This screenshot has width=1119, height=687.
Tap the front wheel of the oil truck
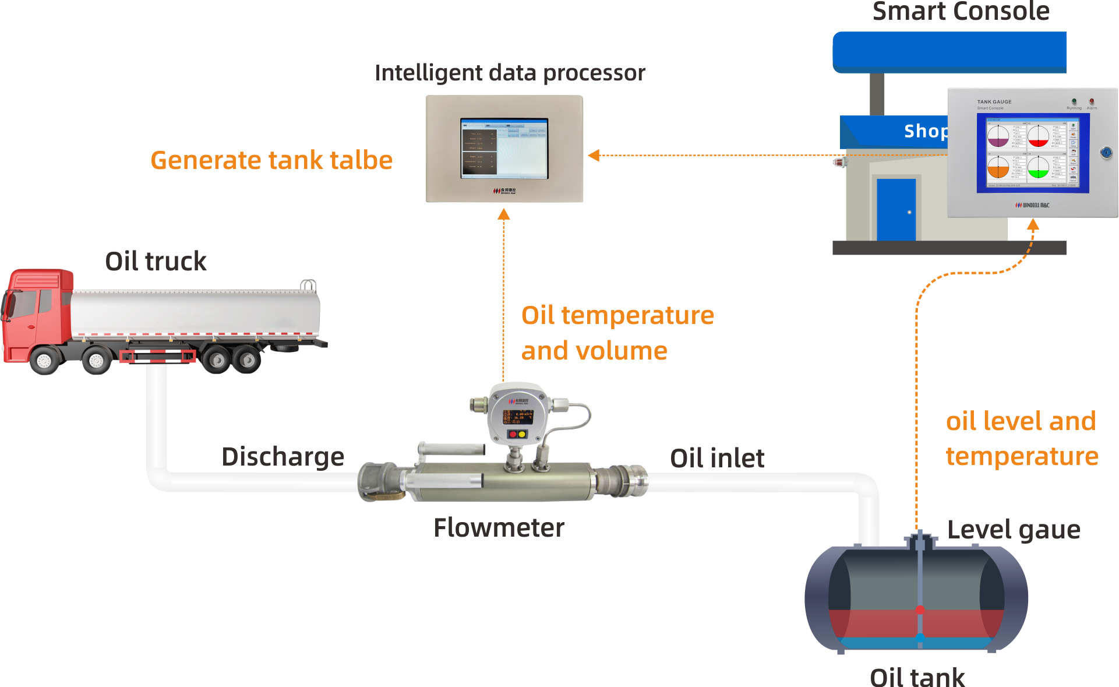tap(44, 361)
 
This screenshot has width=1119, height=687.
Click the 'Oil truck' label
tap(156, 261)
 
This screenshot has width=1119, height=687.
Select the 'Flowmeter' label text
tap(499, 528)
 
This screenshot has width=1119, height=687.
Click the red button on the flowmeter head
tap(513, 434)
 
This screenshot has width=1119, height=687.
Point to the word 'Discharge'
tap(283, 456)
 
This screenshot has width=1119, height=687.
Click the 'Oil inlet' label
tap(716, 458)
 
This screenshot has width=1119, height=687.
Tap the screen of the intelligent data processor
tap(504, 148)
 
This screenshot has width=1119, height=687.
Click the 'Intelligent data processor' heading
tap(510, 73)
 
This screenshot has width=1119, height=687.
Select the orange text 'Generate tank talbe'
tap(271, 160)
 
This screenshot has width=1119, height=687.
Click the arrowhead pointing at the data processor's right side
tap(594, 155)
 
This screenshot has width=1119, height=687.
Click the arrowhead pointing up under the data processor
tap(504, 215)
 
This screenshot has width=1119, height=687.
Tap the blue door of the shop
tap(896, 210)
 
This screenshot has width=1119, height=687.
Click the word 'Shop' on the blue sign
tap(924, 131)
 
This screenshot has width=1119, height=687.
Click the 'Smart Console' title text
tap(961, 12)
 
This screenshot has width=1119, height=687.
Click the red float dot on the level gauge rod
tap(920, 610)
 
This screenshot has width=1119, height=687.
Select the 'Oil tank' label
tap(917, 678)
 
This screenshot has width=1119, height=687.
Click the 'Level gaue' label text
tap(1013, 530)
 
